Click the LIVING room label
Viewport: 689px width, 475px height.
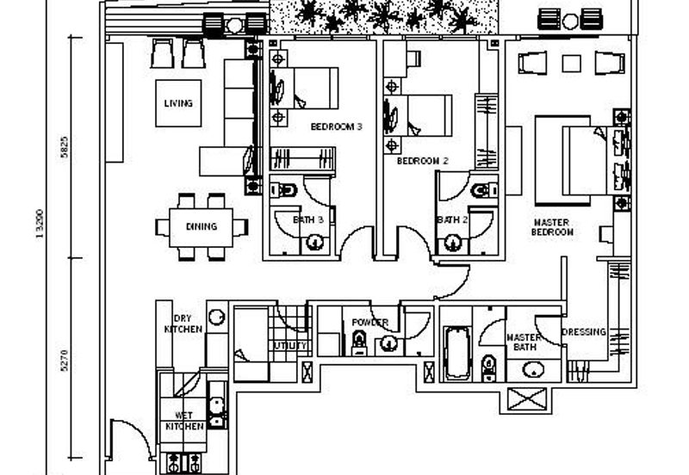pos(178,103)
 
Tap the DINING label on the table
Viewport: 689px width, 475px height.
pos(201,227)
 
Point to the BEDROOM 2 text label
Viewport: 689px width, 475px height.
pos(422,161)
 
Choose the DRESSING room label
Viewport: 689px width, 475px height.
pos(583,332)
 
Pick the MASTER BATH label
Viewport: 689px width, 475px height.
pos(523,342)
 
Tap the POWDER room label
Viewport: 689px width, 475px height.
pos(369,323)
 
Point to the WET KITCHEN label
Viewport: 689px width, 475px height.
pos(183,421)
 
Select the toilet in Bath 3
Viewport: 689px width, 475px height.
pos(289,189)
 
